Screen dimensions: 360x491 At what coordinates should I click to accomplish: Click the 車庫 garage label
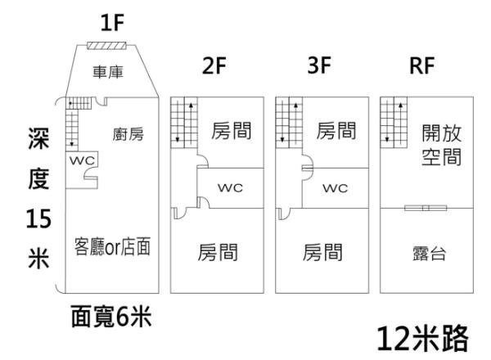[x=108, y=74]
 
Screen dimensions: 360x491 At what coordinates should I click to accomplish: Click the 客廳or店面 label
[x=111, y=245]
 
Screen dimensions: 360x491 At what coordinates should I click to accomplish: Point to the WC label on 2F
[x=230, y=188]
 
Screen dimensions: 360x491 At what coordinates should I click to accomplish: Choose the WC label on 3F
[x=336, y=188]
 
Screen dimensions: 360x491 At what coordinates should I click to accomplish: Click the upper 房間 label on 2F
[x=231, y=130]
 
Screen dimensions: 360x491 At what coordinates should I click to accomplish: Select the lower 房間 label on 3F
[x=323, y=252]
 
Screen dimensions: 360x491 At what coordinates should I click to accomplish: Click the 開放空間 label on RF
[x=442, y=144]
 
